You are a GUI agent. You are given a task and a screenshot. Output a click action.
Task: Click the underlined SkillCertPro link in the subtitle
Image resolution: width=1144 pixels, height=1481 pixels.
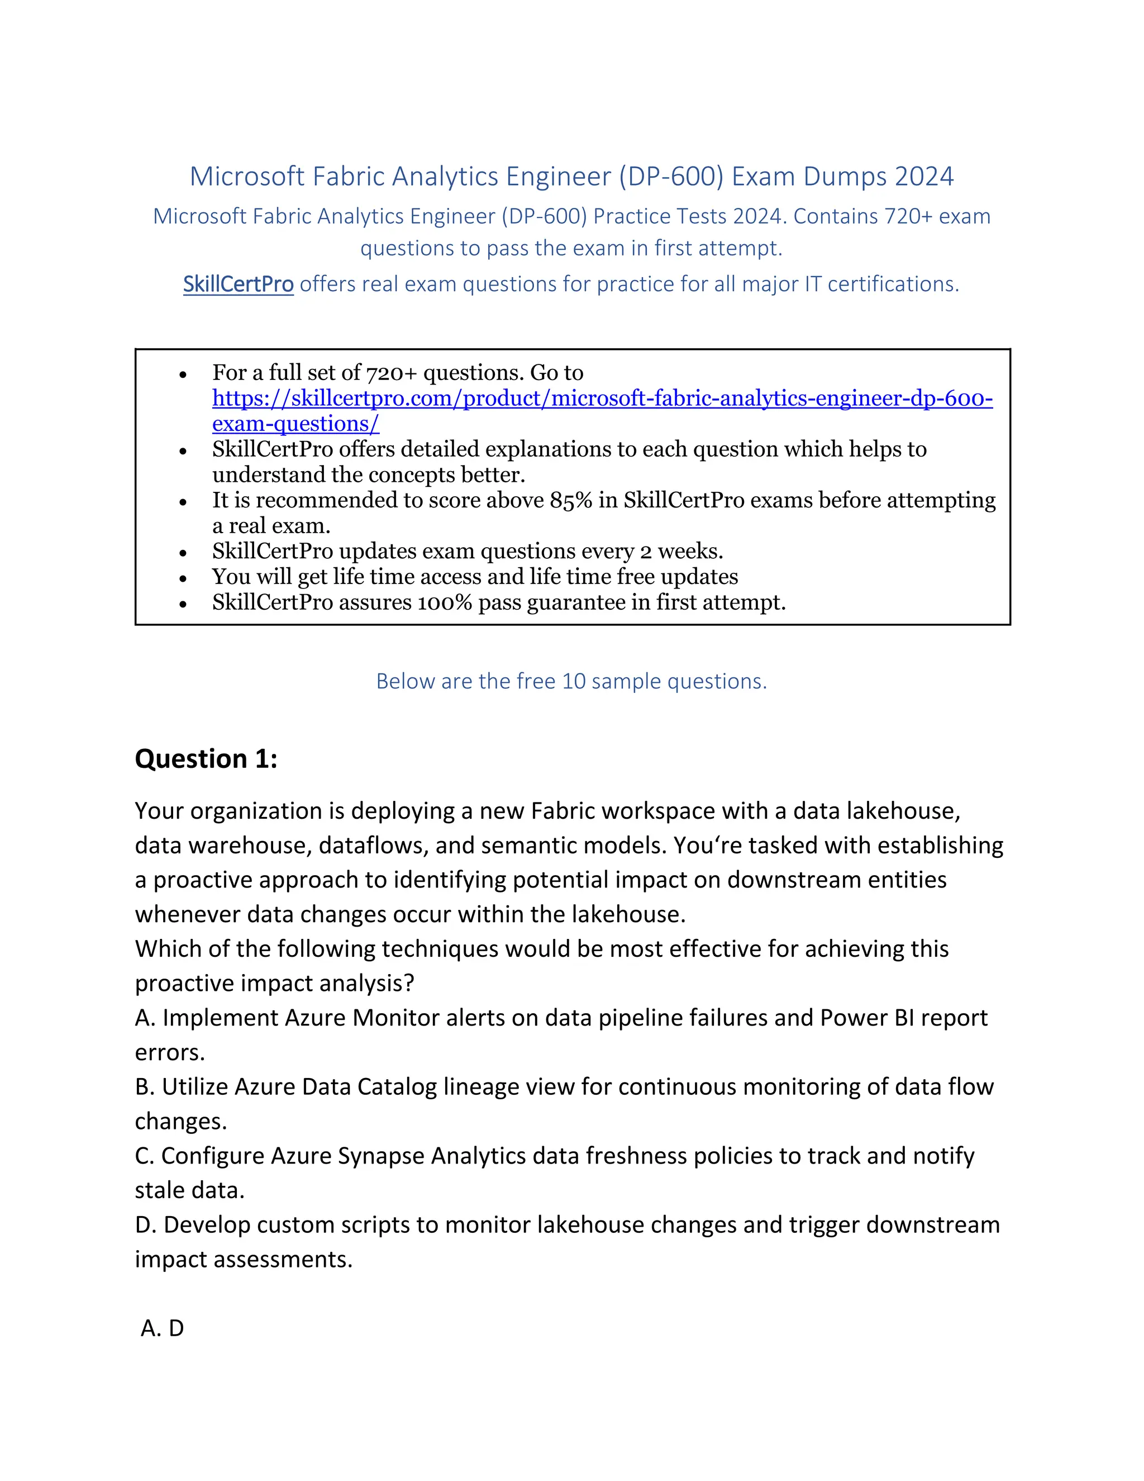238,284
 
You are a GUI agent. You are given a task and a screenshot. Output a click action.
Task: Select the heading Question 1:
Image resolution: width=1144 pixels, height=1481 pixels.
206,758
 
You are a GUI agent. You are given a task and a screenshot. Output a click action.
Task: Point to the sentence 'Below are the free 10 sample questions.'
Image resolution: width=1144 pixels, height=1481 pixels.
571,681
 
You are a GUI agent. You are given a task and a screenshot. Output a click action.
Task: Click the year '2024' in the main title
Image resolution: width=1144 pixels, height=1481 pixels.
924,176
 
